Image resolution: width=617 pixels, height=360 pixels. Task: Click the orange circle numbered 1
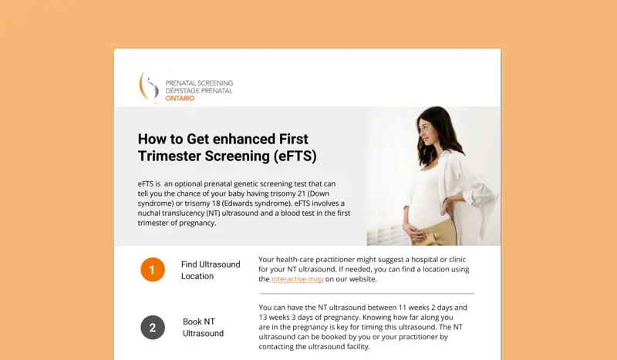coord(153,270)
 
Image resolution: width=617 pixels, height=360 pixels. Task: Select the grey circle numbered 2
coord(153,328)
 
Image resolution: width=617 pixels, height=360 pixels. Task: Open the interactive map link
coord(297,279)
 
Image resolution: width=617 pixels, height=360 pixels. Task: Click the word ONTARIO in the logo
coord(180,99)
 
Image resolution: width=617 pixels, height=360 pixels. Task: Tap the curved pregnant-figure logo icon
coord(148,87)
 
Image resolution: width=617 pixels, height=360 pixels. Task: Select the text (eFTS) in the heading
coord(295,156)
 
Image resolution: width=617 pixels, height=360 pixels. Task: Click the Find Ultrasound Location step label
coord(211,271)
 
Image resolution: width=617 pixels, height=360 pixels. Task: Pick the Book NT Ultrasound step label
coord(203,328)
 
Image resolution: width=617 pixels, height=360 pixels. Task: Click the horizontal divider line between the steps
coord(367,294)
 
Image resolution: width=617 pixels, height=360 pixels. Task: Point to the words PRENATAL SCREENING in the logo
coord(199,83)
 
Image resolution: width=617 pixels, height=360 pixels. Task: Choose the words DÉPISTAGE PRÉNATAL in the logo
coord(199,90)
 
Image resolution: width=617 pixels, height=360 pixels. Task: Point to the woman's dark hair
coord(440,134)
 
